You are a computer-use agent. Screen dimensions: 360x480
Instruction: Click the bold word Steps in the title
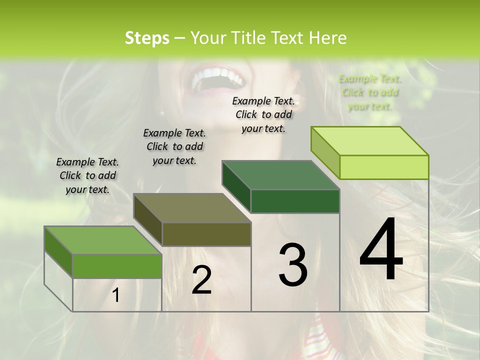click(147, 38)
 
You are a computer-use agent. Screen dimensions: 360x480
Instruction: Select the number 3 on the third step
click(293, 265)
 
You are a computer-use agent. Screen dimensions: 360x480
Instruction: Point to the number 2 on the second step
click(201, 280)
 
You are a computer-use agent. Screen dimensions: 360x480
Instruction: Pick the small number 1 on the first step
click(116, 295)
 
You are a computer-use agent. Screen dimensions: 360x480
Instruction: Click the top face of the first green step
click(103, 240)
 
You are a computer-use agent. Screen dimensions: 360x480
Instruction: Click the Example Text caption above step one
click(87, 175)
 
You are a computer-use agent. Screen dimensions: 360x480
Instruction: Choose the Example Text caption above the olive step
click(174, 146)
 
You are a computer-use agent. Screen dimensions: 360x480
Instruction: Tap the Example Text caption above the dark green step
click(263, 114)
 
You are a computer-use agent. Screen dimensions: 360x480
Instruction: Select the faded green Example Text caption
click(370, 92)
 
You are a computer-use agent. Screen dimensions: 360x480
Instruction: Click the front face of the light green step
click(384, 167)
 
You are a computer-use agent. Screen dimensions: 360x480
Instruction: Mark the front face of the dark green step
click(295, 201)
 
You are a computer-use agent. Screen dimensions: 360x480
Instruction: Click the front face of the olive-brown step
click(206, 234)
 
